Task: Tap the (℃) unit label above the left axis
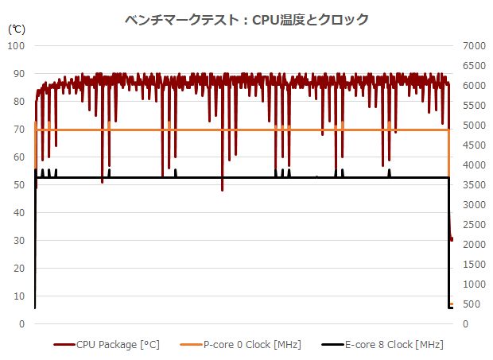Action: [16, 29]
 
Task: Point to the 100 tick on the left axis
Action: [17, 46]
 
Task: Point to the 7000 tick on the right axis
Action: [470, 46]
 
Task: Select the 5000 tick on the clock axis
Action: [470, 126]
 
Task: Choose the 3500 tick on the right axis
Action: [470, 185]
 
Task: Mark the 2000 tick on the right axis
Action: [470, 245]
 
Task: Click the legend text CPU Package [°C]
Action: [118, 345]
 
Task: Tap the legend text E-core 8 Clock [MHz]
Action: [394, 345]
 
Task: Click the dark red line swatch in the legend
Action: [64, 345]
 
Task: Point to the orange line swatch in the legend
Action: [192, 345]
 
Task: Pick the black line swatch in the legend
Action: [332, 345]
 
